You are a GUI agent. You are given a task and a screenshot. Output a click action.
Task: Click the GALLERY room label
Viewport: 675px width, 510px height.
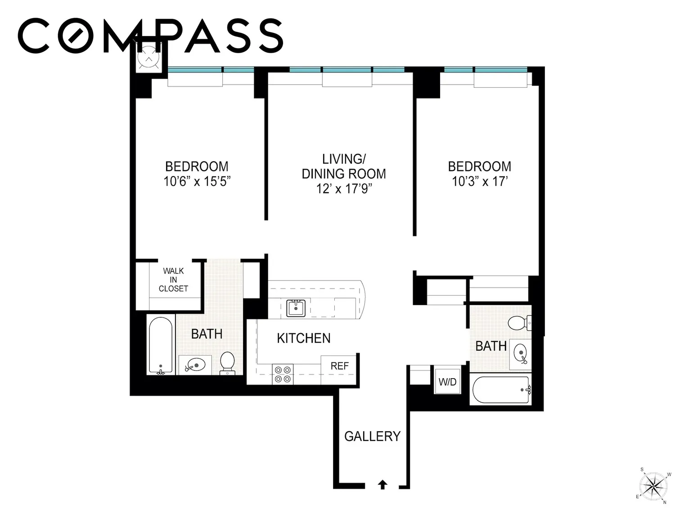(x=372, y=436)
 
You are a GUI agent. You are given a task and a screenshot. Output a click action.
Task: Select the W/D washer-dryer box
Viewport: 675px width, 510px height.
(x=447, y=382)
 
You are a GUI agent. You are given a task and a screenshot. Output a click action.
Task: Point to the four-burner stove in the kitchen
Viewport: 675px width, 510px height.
(x=283, y=374)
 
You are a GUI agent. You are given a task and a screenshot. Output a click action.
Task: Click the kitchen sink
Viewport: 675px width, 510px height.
(x=296, y=308)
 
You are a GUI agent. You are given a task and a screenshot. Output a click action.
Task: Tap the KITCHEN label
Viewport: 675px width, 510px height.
(x=303, y=338)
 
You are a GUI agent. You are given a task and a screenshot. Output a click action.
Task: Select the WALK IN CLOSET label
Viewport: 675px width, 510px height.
(x=173, y=280)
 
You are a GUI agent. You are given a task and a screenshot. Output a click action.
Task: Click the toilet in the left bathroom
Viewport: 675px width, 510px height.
(x=227, y=363)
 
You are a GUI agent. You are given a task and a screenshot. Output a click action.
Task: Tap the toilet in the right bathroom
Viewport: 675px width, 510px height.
(x=519, y=323)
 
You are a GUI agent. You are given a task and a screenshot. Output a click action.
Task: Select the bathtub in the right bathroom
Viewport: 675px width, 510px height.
(x=502, y=390)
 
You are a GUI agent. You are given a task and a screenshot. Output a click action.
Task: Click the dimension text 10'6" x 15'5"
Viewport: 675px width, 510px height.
(x=197, y=181)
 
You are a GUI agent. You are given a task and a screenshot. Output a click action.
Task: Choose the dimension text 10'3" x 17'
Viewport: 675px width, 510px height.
(x=479, y=181)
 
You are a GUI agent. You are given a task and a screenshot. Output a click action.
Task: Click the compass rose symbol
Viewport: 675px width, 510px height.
(x=653, y=487)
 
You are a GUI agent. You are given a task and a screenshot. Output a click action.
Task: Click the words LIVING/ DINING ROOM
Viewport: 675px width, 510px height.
(x=344, y=167)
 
